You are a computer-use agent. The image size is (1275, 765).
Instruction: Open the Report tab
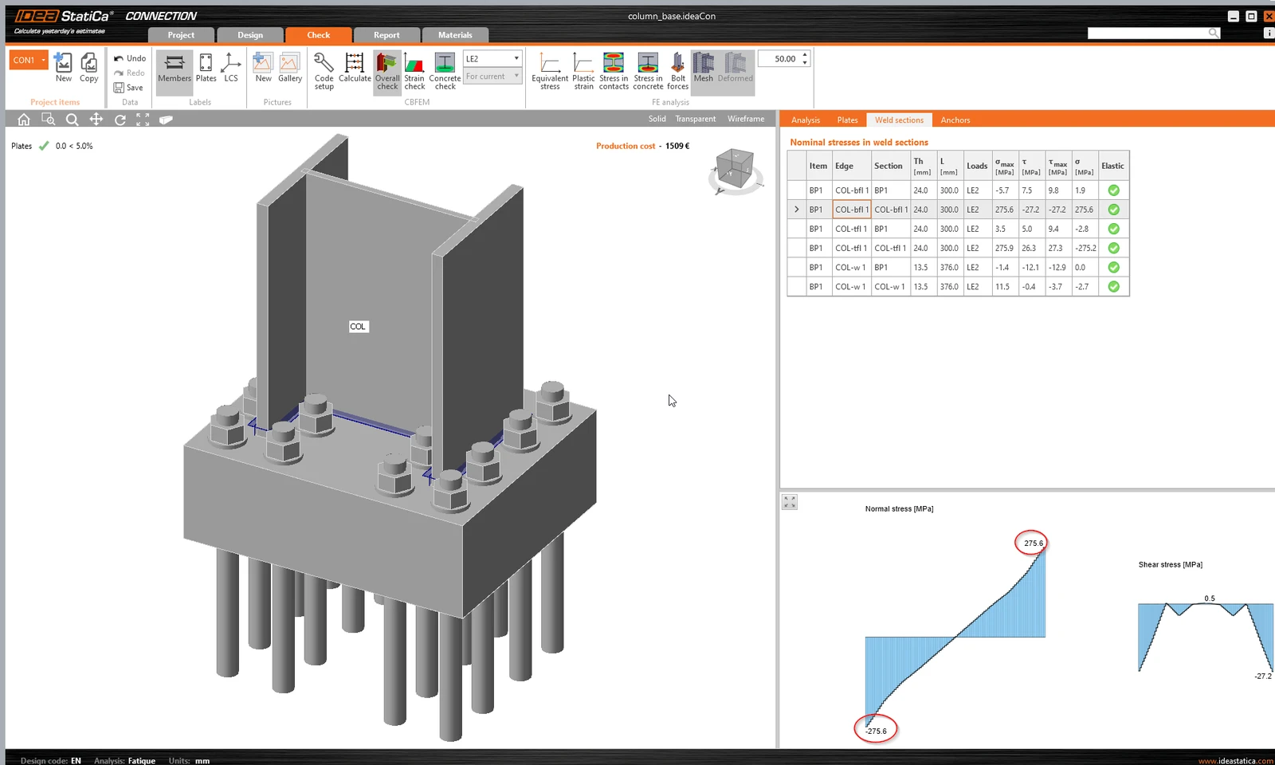tap(386, 35)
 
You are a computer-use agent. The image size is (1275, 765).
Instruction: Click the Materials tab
tap(455, 35)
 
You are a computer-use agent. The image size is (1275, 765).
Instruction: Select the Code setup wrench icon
tap(324, 63)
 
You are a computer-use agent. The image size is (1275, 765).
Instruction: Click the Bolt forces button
tap(677, 71)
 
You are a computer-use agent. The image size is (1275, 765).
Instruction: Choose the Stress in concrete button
tap(648, 71)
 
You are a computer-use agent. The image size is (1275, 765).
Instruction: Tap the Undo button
tap(130, 58)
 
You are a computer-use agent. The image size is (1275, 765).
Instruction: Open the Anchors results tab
tap(955, 120)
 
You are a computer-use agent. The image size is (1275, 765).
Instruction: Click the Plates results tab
tap(847, 120)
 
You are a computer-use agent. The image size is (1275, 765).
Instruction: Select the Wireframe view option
tap(746, 119)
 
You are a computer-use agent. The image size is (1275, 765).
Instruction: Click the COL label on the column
tap(358, 326)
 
